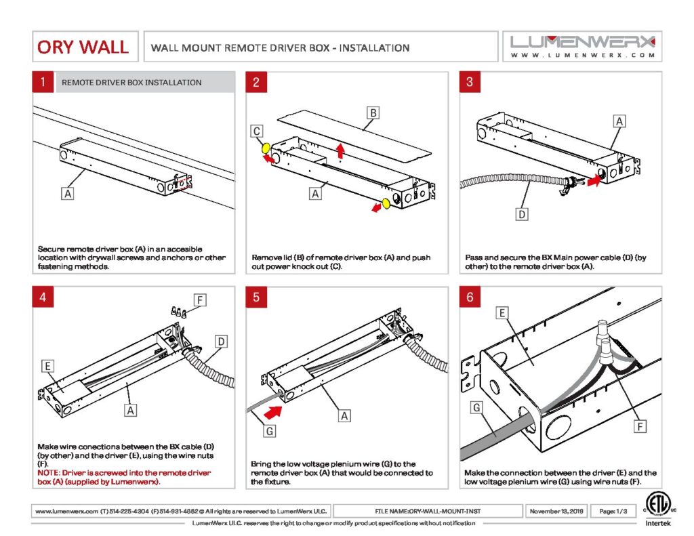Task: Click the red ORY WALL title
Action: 83,47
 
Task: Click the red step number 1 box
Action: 43,83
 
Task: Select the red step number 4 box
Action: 43,297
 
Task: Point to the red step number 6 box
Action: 470,297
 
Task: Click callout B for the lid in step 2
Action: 371,112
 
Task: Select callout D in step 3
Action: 522,215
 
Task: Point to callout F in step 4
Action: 199,300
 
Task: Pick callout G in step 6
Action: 477,408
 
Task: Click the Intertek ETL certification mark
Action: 655,508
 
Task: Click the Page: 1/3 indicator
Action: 612,510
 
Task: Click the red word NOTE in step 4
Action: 49,472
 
